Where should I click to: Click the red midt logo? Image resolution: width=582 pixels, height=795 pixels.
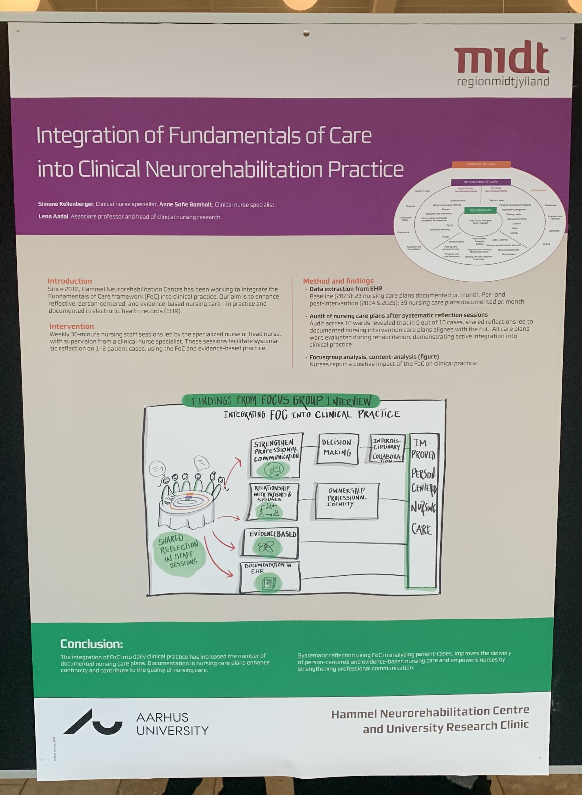pyautogui.click(x=501, y=57)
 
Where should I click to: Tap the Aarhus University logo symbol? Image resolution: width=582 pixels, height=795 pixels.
pyautogui.click(x=93, y=722)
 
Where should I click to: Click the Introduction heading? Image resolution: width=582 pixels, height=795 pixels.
pyautogui.click(x=70, y=281)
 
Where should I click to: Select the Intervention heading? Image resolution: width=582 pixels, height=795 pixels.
pyautogui.click(x=71, y=326)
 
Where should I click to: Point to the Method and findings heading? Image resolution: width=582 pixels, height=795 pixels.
pyautogui.click(x=338, y=281)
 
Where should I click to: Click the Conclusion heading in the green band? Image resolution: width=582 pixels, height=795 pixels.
pyautogui.click(x=92, y=644)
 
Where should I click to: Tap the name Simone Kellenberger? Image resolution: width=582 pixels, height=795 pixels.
pyautogui.click(x=65, y=204)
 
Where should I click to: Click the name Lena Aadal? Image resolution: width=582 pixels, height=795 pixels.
pyautogui.click(x=53, y=216)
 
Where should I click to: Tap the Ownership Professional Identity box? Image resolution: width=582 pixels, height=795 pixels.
pyautogui.click(x=347, y=500)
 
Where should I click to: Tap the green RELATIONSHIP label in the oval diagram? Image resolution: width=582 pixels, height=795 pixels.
pyautogui.click(x=480, y=210)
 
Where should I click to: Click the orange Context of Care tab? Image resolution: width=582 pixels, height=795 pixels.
pyautogui.click(x=481, y=164)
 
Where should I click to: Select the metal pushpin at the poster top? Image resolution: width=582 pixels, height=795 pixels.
pyautogui.click(x=306, y=33)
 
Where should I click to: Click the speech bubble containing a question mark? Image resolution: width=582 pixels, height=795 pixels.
pyautogui.click(x=157, y=469)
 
